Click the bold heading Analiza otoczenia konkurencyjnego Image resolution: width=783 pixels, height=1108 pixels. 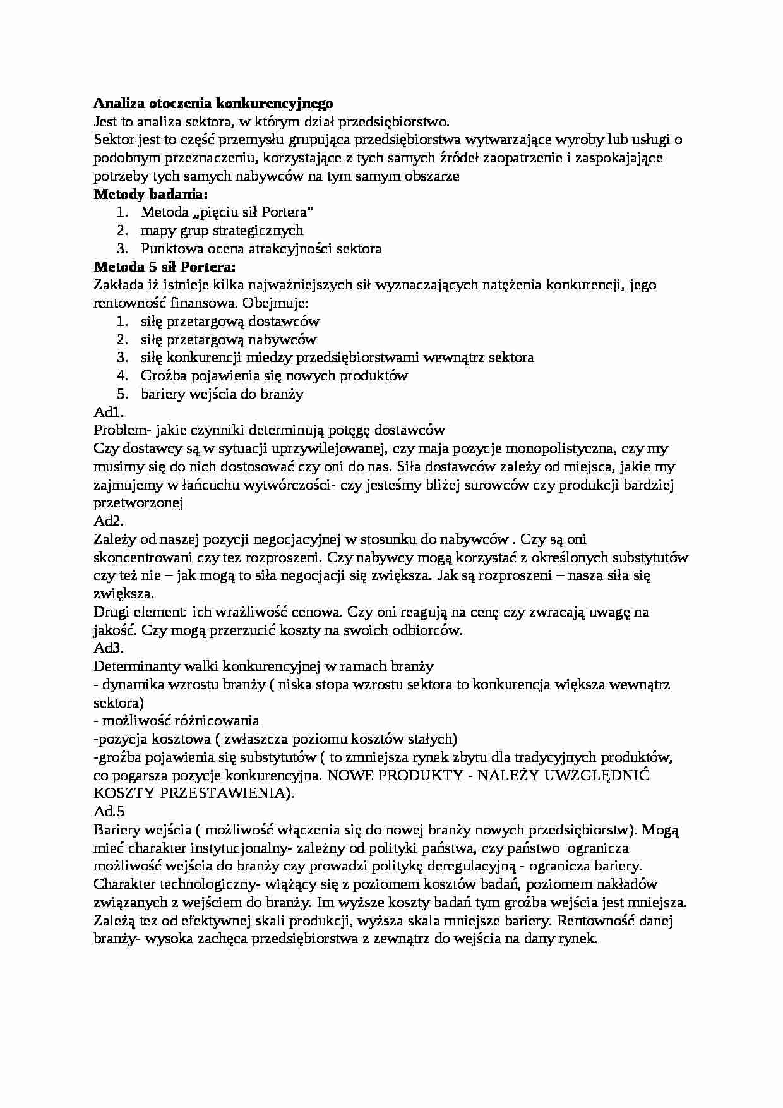[x=213, y=103]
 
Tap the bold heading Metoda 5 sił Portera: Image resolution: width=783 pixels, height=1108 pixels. [x=164, y=267]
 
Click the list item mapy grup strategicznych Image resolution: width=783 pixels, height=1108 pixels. [x=222, y=231]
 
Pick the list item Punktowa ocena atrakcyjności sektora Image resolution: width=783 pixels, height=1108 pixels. [x=261, y=249]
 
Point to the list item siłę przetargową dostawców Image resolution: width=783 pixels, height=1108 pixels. [x=230, y=322]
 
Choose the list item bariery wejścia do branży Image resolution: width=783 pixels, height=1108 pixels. [x=222, y=394]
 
